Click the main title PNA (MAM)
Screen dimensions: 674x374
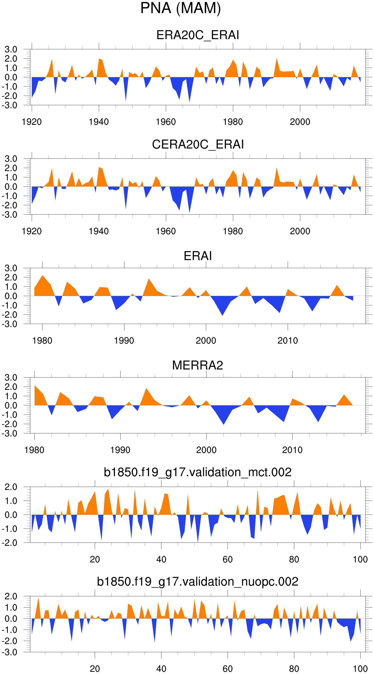180,8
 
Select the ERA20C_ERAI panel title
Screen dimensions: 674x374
198,35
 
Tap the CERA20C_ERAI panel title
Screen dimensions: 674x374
198,144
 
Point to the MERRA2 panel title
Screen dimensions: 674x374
198,365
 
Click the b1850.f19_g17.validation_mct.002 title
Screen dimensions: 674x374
198,472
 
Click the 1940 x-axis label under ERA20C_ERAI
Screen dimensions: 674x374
99,122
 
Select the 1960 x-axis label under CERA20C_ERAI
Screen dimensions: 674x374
166,231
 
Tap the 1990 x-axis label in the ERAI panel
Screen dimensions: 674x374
124,341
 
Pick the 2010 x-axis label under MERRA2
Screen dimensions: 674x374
292,450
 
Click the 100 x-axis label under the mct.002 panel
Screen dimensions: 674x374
360,560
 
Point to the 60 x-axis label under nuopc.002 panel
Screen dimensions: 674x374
227,669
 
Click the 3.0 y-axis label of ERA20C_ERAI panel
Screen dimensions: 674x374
11,49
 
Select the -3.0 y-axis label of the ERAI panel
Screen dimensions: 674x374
10,324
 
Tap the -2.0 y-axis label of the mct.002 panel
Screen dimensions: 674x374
10,543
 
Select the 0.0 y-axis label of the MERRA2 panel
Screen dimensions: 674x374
11,406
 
